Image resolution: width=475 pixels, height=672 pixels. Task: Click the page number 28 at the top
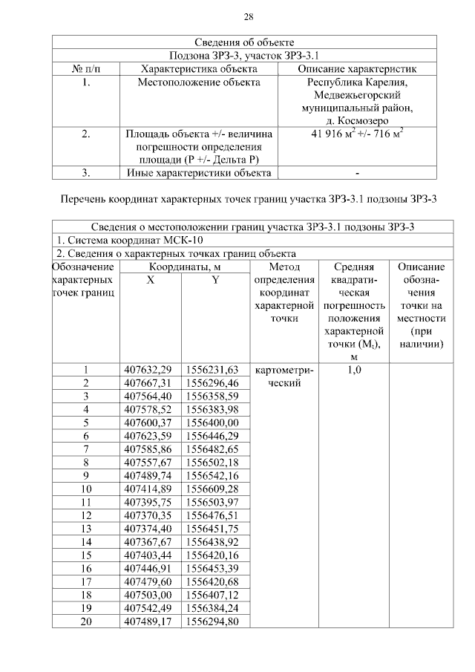point(249,17)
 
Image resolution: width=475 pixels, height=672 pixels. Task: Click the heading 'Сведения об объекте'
point(249,42)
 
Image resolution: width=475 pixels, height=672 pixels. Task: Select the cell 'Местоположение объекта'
point(199,82)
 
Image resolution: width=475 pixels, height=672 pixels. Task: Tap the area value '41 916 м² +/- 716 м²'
point(358,134)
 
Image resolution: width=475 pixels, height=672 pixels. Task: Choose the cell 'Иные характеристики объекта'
point(199,174)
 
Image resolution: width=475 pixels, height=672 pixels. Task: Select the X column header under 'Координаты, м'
point(150,281)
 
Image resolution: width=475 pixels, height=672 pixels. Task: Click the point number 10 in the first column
point(86,489)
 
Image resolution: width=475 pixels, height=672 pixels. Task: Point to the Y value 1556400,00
point(213,423)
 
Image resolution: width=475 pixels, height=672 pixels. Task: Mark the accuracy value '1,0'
point(354,369)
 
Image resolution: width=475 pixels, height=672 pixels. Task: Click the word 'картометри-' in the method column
point(284,370)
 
